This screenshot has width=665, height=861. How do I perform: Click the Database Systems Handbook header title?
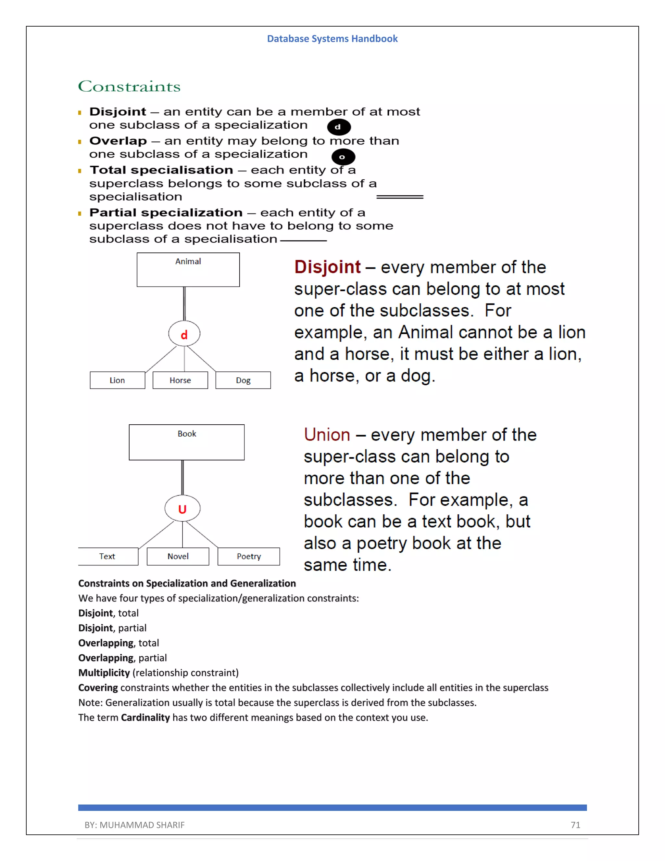[x=332, y=39]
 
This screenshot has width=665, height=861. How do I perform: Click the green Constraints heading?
[x=129, y=86]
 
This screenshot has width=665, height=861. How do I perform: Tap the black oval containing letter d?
[x=339, y=127]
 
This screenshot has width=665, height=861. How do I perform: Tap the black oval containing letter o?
[x=343, y=157]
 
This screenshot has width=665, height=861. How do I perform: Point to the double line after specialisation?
[x=399, y=197]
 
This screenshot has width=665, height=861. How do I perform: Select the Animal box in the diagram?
[x=188, y=270]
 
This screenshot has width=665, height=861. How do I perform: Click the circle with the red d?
[x=184, y=334]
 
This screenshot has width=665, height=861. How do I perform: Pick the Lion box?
[x=118, y=380]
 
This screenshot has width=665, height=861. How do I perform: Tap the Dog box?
[x=243, y=380]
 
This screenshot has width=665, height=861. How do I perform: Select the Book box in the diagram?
[x=186, y=442]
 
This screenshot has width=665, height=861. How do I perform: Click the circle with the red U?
[x=182, y=508]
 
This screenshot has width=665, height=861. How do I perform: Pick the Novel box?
[x=178, y=556]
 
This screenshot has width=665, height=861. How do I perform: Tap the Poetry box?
[x=249, y=556]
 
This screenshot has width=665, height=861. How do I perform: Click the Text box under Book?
[x=107, y=556]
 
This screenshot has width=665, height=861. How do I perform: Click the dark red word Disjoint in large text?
[x=327, y=267]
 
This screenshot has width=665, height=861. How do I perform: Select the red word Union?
[x=327, y=435]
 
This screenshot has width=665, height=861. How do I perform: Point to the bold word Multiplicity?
[x=104, y=673]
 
